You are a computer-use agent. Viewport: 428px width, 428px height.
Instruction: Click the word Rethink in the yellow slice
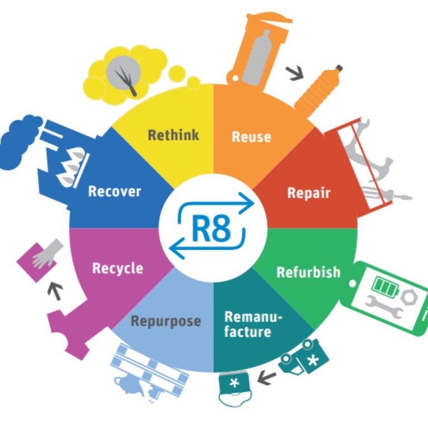click(x=173, y=135)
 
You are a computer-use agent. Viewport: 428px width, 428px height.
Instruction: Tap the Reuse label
click(x=251, y=137)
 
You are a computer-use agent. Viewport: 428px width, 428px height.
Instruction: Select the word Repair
click(x=309, y=193)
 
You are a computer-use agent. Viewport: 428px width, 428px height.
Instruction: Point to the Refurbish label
click(x=308, y=272)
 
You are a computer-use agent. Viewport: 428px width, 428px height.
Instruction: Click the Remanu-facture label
click(x=252, y=324)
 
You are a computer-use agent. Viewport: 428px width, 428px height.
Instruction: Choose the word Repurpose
click(x=166, y=321)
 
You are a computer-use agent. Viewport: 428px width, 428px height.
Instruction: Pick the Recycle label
click(x=118, y=268)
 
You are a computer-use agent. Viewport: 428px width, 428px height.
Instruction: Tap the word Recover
click(x=115, y=191)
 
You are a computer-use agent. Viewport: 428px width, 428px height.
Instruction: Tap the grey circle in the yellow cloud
click(x=123, y=72)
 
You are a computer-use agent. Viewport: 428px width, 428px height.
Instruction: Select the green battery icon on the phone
click(x=385, y=286)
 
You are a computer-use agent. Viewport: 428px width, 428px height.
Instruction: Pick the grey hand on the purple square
click(x=46, y=254)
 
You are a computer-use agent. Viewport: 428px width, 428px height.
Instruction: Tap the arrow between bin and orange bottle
click(x=295, y=73)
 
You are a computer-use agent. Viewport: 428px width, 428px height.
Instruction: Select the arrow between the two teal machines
click(x=266, y=377)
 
